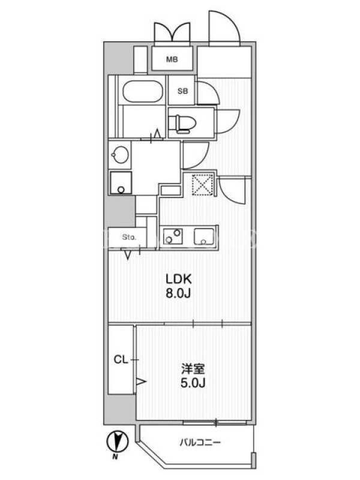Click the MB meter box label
(172, 59)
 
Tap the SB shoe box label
(183, 91)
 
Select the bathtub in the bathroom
(142, 91)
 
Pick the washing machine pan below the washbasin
(121, 183)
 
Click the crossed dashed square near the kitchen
(202, 184)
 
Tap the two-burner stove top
(173, 236)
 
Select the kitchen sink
(204, 236)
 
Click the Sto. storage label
(129, 237)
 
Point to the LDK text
(179, 279)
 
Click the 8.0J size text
(178, 293)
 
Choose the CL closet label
(121, 359)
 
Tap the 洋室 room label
(193, 369)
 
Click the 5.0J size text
(193, 383)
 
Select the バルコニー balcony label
(200, 442)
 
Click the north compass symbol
(118, 442)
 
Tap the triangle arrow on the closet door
(140, 382)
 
